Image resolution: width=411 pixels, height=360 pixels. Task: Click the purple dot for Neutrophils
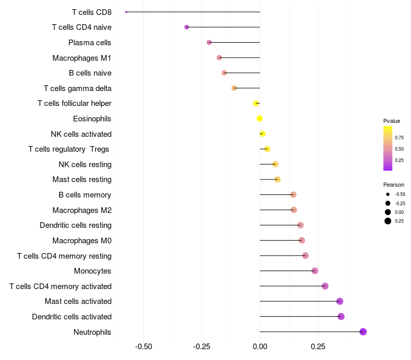point(363,332)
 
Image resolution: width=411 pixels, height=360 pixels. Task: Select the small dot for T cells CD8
point(126,12)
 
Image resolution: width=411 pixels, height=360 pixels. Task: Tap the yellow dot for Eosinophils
point(259,119)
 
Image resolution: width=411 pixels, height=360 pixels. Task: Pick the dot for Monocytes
point(314,271)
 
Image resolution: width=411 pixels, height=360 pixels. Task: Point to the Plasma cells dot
point(209,42)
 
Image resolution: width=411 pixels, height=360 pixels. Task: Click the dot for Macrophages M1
point(219,58)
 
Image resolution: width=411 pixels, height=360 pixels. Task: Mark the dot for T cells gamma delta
point(234,88)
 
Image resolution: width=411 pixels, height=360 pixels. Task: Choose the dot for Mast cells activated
point(340,301)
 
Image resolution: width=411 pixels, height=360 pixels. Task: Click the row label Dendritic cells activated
point(71,317)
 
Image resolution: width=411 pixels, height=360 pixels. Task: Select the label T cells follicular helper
point(74,103)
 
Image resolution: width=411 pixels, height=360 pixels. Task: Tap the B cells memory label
point(85,195)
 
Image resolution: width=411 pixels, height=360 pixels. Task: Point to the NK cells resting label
point(85,165)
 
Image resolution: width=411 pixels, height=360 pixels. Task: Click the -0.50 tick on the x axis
point(143,347)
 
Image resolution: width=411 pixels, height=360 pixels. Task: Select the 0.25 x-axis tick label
point(318,347)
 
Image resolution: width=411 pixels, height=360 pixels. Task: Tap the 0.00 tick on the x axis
point(260,347)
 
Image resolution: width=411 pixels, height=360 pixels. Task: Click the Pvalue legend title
point(391,121)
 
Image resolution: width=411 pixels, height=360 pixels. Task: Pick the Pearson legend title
point(394,185)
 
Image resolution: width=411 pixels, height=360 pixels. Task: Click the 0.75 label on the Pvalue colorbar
point(399,138)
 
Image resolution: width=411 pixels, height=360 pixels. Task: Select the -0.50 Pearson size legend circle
point(388,194)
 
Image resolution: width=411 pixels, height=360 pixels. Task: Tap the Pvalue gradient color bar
point(388,149)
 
